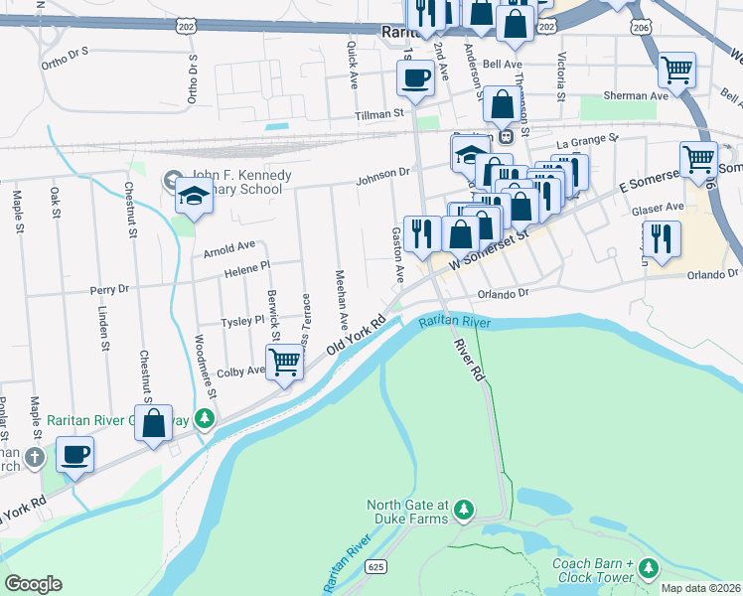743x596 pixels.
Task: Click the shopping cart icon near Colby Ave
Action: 284,363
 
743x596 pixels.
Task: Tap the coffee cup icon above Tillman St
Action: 416,77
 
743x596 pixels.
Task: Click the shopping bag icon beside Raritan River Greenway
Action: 154,423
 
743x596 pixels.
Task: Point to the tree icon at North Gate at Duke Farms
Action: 463,511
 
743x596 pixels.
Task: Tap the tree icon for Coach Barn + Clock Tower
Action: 649,567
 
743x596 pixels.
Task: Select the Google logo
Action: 33,584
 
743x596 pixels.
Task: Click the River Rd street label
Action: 468,360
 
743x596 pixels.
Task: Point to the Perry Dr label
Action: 109,290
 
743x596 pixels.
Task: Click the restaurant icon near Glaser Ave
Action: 662,238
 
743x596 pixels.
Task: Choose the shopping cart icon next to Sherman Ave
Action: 676,71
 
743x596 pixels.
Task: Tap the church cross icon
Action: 35,458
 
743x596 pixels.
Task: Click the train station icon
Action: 506,135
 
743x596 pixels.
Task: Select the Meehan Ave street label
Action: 341,299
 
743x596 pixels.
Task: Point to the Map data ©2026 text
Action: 699,588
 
